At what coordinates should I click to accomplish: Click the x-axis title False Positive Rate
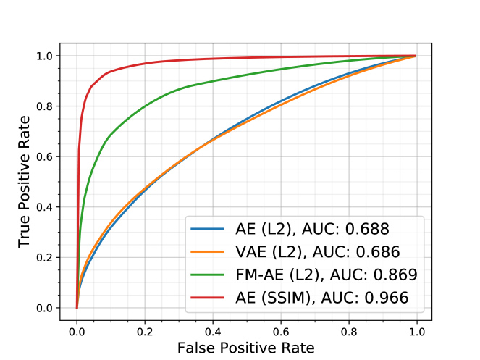point(246,348)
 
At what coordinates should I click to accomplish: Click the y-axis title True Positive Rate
point(25,183)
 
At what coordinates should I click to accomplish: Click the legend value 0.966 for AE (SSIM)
point(384,296)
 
